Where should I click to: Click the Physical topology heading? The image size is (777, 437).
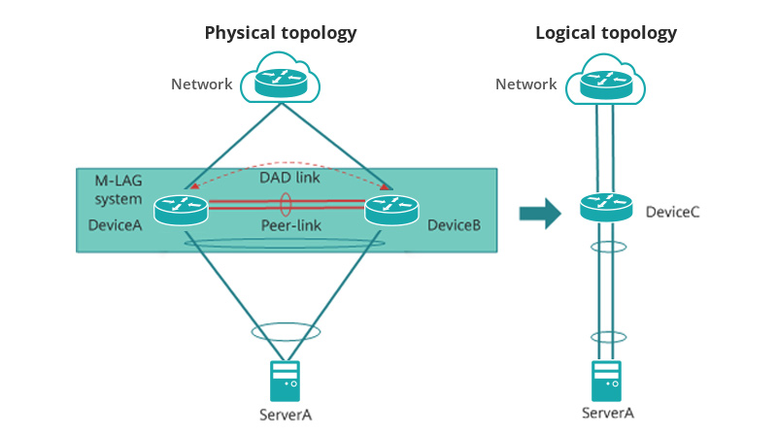tap(281, 33)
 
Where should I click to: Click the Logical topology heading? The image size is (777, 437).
tap(606, 33)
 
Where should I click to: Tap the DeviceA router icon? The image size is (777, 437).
tap(182, 208)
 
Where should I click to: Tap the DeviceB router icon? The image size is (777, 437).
tap(391, 208)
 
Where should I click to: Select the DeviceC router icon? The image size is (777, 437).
tap(606, 207)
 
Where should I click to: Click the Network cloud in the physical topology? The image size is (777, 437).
tap(281, 79)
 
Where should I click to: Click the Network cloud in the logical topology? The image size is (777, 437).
tap(606, 79)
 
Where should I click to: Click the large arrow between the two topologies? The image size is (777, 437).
tap(540, 213)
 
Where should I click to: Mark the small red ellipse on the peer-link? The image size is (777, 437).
tap(287, 204)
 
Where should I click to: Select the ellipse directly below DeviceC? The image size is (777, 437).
tap(606, 247)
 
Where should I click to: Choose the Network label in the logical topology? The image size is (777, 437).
tap(525, 84)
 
